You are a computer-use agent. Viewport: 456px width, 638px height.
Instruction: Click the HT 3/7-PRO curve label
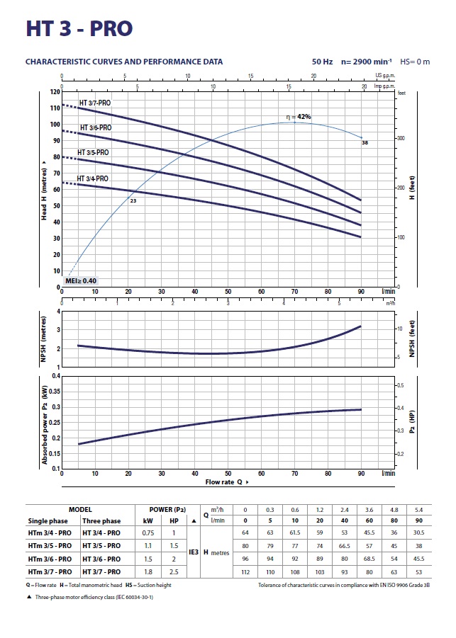(94, 103)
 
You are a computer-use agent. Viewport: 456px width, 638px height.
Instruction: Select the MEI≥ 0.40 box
(81, 281)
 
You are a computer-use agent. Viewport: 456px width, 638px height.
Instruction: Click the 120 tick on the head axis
(55, 92)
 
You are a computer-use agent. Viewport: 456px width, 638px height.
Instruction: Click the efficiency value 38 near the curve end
(365, 143)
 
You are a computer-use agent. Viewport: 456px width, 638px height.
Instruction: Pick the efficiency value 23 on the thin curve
(133, 203)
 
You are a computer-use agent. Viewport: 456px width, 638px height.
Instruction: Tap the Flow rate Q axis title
(228, 482)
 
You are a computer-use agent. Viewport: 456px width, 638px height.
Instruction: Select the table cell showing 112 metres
(246, 571)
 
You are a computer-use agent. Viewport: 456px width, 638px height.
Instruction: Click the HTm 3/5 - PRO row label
(49, 545)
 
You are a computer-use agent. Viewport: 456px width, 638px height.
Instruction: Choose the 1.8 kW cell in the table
(148, 571)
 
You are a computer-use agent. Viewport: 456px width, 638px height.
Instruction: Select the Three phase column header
(101, 520)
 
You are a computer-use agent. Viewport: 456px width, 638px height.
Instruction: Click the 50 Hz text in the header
(323, 62)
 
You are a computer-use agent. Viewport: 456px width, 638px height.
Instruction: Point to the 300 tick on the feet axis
(401, 138)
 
